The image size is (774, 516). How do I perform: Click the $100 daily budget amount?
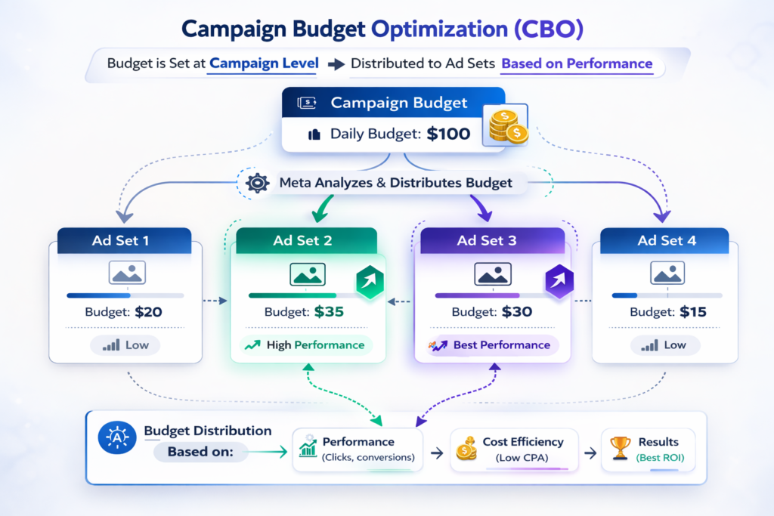click(x=448, y=134)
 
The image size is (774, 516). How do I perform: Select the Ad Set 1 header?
click(x=120, y=241)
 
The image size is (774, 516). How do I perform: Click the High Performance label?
click(x=306, y=345)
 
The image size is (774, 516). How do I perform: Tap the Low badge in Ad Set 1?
click(x=125, y=345)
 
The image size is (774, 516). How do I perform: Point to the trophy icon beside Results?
click(x=620, y=449)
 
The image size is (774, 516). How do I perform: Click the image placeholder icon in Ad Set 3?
click(x=491, y=273)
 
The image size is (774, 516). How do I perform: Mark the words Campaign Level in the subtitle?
click(x=264, y=63)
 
